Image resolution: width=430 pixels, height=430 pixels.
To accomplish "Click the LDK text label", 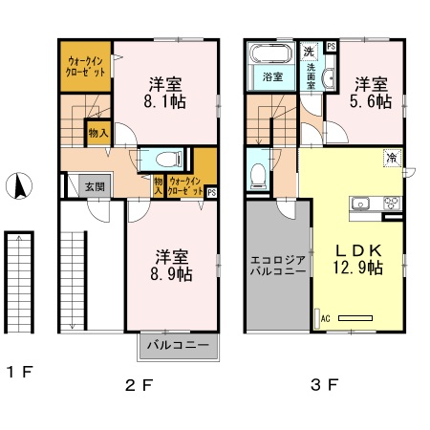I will (358, 250).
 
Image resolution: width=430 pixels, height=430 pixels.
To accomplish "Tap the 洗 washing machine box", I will (309, 50).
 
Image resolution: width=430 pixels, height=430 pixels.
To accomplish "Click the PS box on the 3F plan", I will (331, 46).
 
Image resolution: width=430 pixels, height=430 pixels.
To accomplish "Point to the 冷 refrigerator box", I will (392, 157).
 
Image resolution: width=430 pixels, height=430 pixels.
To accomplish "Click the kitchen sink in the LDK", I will (363, 203).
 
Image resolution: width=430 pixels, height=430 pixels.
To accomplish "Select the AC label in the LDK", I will (324, 318).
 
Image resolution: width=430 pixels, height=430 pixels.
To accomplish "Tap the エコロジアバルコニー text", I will (277, 265).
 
